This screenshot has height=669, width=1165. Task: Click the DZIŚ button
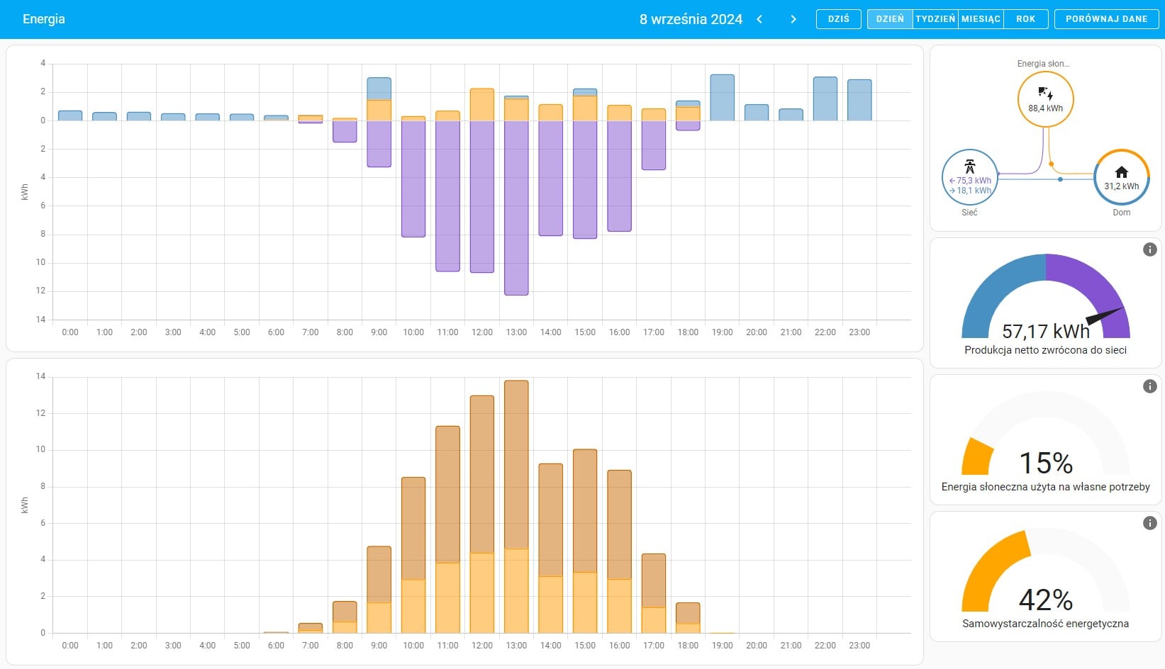[838, 19]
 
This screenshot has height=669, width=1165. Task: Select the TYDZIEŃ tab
[935, 19]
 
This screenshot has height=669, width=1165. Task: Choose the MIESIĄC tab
[981, 19]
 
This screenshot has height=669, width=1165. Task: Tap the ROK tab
[1025, 19]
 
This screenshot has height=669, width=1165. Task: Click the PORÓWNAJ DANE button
[1106, 19]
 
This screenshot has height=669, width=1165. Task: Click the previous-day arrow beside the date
[759, 19]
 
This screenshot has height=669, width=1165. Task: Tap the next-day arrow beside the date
[793, 19]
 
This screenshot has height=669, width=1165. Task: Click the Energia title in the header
[44, 19]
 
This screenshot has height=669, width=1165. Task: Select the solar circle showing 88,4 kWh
[1045, 99]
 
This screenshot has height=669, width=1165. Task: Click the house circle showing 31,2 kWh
[1121, 178]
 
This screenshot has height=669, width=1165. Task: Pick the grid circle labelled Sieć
[969, 178]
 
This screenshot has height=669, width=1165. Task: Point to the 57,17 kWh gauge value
[1045, 331]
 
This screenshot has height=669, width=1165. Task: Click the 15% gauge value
[1045, 463]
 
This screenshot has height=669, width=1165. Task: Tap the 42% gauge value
[1045, 600]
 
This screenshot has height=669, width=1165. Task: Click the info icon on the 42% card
[1149, 523]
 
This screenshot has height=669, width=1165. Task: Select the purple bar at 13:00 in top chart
[516, 208]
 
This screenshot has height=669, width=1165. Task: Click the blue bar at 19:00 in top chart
[722, 98]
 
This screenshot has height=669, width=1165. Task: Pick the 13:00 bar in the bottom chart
[516, 507]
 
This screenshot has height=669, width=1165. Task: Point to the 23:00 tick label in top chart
[859, 332]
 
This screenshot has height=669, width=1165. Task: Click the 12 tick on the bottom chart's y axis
[40, 413]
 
